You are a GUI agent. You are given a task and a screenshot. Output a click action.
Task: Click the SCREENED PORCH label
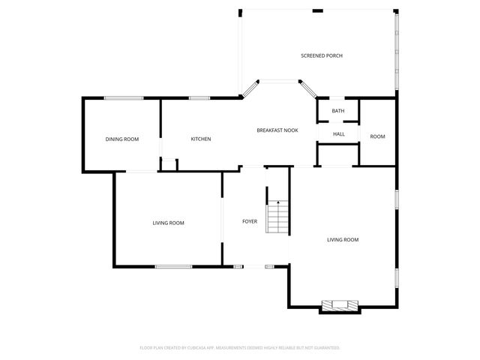322,55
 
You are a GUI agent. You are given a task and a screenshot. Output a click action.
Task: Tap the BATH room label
338,111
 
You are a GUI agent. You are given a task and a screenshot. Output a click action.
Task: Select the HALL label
338,134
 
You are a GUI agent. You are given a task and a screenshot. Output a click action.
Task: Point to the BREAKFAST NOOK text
277,130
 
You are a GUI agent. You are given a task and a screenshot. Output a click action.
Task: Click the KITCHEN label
200,139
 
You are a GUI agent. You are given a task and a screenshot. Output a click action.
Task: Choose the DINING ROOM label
121,139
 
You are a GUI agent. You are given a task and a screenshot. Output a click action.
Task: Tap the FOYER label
250,221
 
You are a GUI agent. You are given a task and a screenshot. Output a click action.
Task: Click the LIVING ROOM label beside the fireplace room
342,240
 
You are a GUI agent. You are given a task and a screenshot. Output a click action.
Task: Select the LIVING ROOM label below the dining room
168,223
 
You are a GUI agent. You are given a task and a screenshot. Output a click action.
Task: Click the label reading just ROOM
377,136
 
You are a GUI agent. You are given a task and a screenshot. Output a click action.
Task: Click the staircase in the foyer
278,217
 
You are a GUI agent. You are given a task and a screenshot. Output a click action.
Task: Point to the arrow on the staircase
278,202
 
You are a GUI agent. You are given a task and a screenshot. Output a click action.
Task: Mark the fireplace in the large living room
340,305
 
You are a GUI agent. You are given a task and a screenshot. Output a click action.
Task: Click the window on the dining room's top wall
123,97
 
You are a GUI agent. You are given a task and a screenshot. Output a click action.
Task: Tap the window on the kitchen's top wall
199,97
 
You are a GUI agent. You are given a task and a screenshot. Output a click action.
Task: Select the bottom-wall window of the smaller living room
173,266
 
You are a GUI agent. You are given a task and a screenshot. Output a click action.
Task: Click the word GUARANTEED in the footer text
325,348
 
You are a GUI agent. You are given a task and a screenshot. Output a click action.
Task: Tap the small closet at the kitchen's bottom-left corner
169,164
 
